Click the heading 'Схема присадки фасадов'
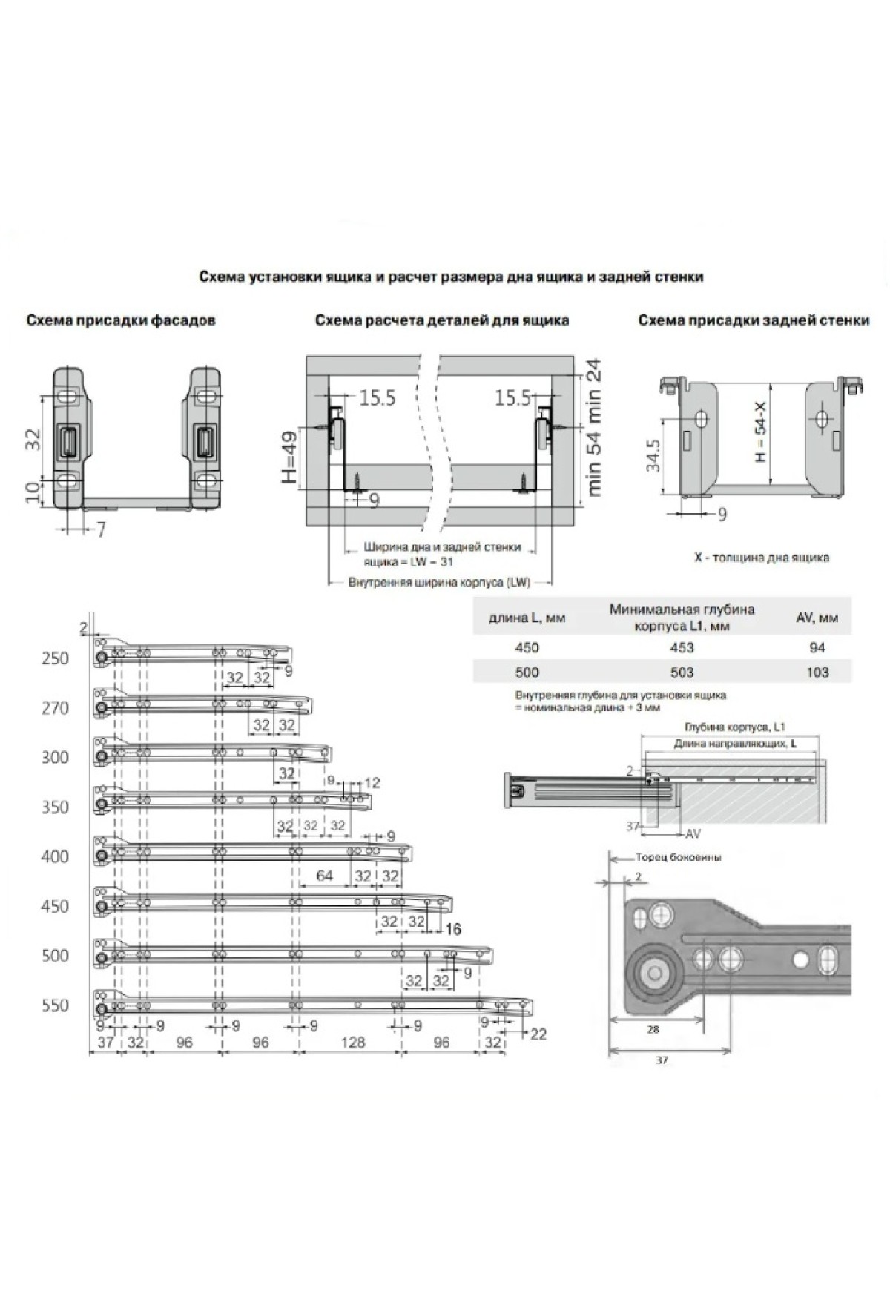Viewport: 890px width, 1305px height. pyautogui.click(x=121, y=321)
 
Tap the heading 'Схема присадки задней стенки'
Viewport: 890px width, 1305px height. pyautogui.click(x=754, y=321)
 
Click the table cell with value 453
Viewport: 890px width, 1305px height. pyautogui.click(x=682, y=647)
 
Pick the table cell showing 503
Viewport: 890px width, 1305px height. pyautogui.click(x=682, y=673)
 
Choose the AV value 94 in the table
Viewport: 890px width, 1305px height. pyautogui.click(x=817, y=647)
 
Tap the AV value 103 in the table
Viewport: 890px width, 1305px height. pyautogui.click(x=817, y=673)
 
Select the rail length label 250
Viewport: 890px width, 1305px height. pyautogui.click(x=54, y=658)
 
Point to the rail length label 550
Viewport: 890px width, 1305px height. pyautogui.click(x=54, y=1005)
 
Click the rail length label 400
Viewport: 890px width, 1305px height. pyautogui.click(x=54, y=856)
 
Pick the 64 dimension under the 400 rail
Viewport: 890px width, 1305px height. pyautogui.click(x=325, y=876)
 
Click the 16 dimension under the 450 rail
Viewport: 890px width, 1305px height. pyautogui.click(x=453, y=928)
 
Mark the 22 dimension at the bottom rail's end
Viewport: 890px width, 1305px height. pyautogui.click(x=538, y=1034)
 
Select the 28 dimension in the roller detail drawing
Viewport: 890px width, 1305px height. pyautogui.click(x=653, y=1028)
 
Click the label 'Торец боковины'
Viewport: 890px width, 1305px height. pyautogui.click(x=678, y=857)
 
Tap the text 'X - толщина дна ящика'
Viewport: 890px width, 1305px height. pyautogui.click(x=761, y=557)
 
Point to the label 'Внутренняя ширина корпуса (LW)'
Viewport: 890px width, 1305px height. pyautogui.click(x=439, y=582)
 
